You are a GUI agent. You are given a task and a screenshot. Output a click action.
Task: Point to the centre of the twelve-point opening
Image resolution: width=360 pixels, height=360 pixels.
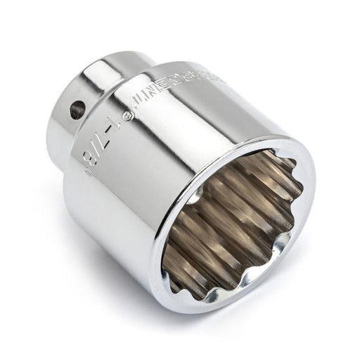232,221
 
